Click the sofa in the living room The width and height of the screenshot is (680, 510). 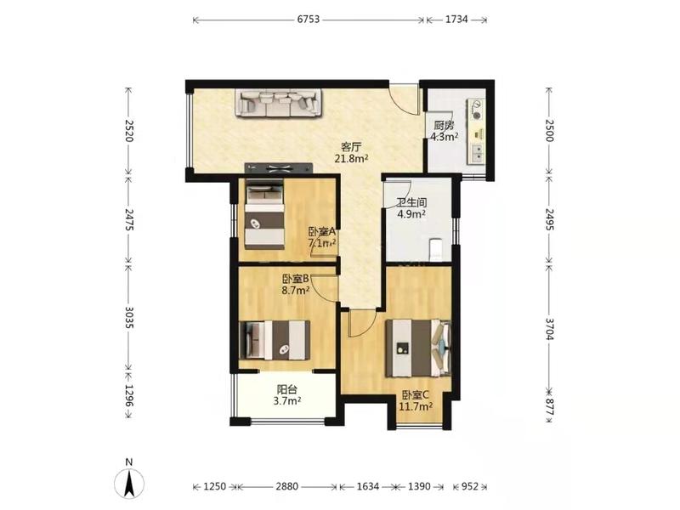click(279, 103)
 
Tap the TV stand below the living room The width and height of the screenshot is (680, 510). click(279, 167)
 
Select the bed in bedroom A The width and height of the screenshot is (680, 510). click(264, 214)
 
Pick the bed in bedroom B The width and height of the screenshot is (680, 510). click(275, 340)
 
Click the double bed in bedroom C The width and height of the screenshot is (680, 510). click(418, 348)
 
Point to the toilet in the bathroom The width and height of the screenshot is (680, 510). click(435, 249)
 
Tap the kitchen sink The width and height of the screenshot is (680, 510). click(476, 153)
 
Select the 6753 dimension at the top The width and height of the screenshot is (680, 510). click(309, 19)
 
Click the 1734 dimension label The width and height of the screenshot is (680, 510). click(456, 19)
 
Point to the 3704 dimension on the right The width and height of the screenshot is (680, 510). click(549, 329)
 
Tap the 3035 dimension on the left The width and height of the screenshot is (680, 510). click(129, 317)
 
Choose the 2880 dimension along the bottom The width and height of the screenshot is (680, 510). click(287, 486)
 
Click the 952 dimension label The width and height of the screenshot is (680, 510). click(470, 486)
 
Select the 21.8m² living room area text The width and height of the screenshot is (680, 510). click(351, 158)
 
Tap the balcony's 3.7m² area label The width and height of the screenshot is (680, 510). click(287, 401)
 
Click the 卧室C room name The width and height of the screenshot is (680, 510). click(416, 395)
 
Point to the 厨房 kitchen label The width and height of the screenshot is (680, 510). click(444, 126)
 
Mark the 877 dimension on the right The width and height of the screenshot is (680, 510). click(549, 408)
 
